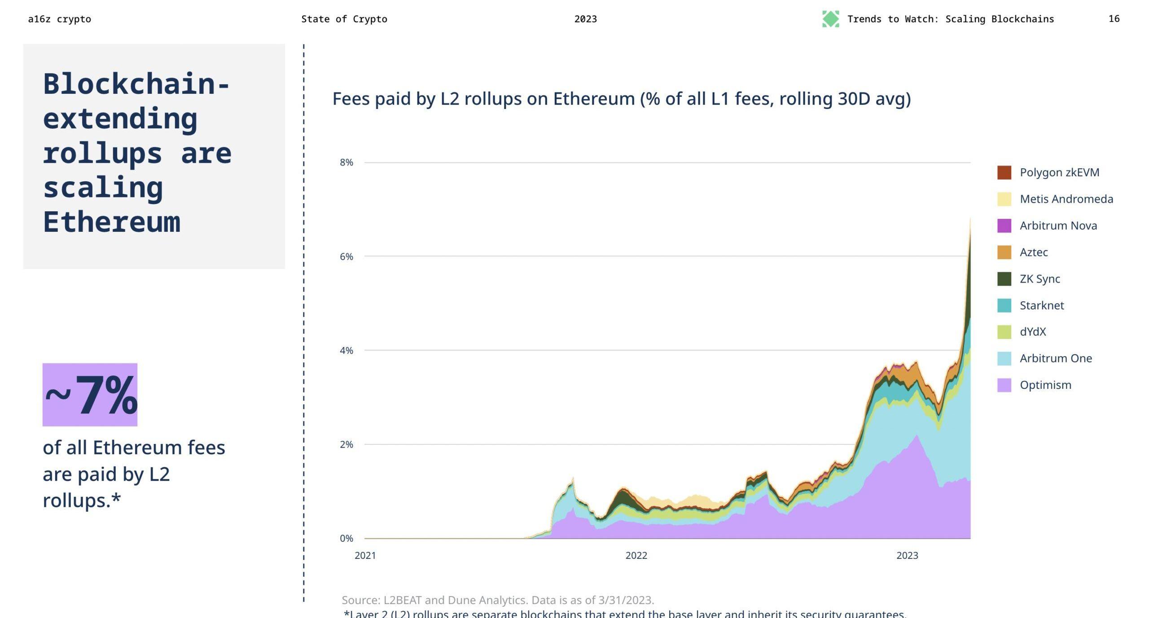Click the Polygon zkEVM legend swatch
pyautogui.click(x=1004, y=173)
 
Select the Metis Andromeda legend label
pyautogui.click(x=1066, y=199)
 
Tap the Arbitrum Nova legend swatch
pyautogui.click(x=1004, y=226)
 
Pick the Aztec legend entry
pyautogui.click(x=1033, y=252)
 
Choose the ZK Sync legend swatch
pyautogui.click(x=1004, y=279)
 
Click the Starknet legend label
pyautogui.click(x=1041, y=305)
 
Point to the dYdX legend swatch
pyautogui.click(x=1004, y=332)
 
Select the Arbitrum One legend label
pyautogui.click(x=1056, y=358)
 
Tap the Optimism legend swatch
pyautogui.click(x=1004, y=385)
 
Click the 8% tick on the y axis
pyautogui.click(x=346, y=162)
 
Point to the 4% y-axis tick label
pyautogui.click(x=346, y=350)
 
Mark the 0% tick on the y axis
pyautogui.click(x=346, y=538)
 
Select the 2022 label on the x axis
pyautogui.click(x=636, y=556)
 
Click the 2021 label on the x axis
pyautogui.click(x=365, y=556)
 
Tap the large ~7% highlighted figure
pyautogui.click(x=90, y=395)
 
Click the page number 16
pyautogui.click(x=1114, y=19)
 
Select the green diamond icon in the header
pyautogui.click(x=830, y=19)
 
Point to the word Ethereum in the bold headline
pyautogui.click(x=111, y=222)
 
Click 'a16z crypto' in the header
pyautogui.click(x=59, y=19)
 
